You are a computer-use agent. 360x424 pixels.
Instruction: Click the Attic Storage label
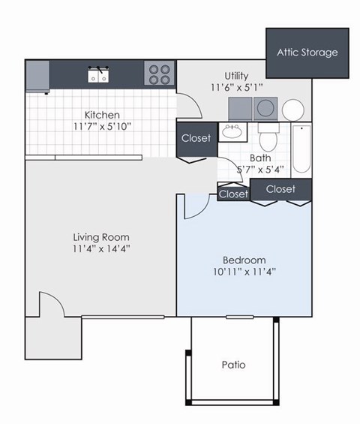coord(307,53)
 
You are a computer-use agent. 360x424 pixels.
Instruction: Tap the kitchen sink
coord(97,75)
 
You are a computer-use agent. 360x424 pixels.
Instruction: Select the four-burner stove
coord(158,74)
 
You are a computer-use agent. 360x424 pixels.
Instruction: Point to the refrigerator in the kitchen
coord(37,76)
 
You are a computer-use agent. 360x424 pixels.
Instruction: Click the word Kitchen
coord(101,115)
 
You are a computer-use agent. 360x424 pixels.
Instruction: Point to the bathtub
coord(301,148)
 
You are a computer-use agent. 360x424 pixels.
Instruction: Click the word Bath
coord(260,158)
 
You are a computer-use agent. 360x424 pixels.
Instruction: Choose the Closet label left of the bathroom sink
coord(196,138)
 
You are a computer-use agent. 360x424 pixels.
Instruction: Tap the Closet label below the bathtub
coord(280,189)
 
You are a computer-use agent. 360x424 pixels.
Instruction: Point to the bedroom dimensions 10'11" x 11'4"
coord(242,272)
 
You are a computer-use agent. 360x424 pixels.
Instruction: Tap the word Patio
coord(234,365)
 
